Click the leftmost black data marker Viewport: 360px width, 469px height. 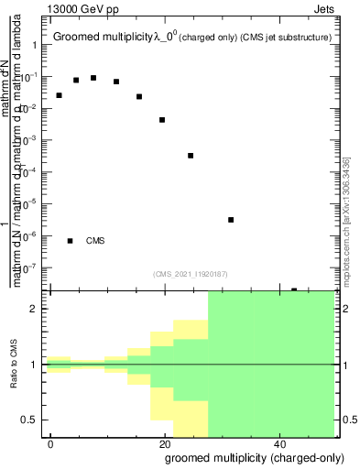tap(59, 95)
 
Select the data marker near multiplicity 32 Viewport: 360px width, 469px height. tap(231, 220)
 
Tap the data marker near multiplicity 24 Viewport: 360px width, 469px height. tap(191, 156)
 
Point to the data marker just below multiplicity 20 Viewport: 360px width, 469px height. tap(162, 120)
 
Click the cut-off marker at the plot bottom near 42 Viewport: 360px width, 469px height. tap(294, 289)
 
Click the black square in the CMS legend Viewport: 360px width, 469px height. tap(71, 241)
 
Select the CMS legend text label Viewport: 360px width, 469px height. tap(95, 241)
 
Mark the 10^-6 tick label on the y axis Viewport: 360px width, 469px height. tap(30, 236)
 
